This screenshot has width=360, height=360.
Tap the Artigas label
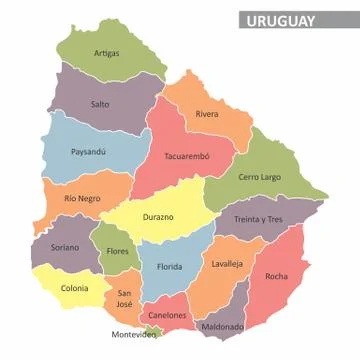pyautogui.click(x=106, y=53)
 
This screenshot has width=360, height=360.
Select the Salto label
pyautogui.click(x=100, y=103)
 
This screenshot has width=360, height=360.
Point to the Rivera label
pyautogui.click(x=207, y=114)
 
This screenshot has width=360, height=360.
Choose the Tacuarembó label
pyautogui.click(x=186, y=156)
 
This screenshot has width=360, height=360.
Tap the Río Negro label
pyautogui.click(x=83, y=198)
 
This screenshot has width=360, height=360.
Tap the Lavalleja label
pyautogui.click(x=227, y=264)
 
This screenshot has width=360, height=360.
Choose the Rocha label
pyautogui.click(x=277, y=275)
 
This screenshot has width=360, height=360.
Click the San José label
pyautogui.click(x=124, y=297)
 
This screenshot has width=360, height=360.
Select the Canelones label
pyautogui.click(x=167, y=315)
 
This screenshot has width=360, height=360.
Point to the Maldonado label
pyautogui.click(x=222, y=326)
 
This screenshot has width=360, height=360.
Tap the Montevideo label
pyautogui.click(x=133, y=335)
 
